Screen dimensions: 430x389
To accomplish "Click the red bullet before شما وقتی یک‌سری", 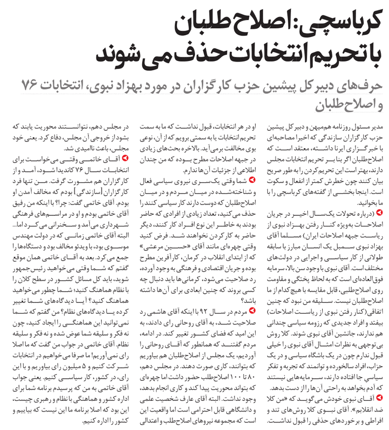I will (x=251, y=181).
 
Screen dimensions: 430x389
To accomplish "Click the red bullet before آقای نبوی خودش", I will (x=379, y=397).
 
